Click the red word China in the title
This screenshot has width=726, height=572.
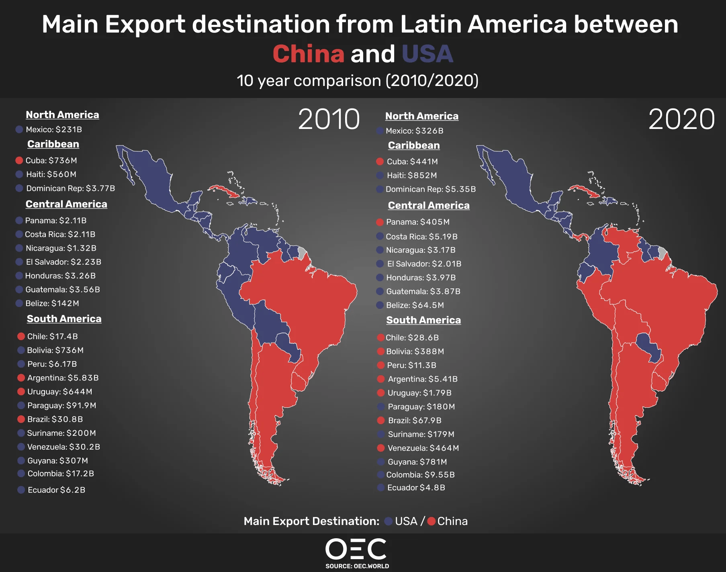[x=308, y=54]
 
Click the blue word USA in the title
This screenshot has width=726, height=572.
[x=427, y=54]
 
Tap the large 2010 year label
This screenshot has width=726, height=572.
[x=329, y=119]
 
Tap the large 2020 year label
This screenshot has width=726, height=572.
[x=681, y=119]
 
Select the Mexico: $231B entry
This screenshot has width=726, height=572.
[x=53, y=129]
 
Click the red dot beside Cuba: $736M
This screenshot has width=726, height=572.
[x=19, y=160]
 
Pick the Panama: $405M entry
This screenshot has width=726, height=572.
[x=417, y=222]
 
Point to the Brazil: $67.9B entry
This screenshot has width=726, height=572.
[x=414, y=420]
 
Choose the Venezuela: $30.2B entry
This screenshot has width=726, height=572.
[x=63, y=447]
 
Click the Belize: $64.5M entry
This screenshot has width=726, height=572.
[x=415, y=305]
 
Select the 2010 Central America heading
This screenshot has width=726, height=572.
[x=66, y=204]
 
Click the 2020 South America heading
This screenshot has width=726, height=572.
[x=423, y=320]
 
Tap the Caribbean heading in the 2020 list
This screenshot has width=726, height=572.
[x=414, y=145]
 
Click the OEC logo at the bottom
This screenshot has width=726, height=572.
[x=356, y=549]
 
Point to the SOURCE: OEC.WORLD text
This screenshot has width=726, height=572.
[x=357, y=566]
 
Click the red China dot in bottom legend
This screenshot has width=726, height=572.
[x=432, y=521]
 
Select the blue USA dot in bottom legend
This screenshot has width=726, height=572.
[x=388, y=521]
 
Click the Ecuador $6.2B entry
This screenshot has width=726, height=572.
[x=56, y=490]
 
